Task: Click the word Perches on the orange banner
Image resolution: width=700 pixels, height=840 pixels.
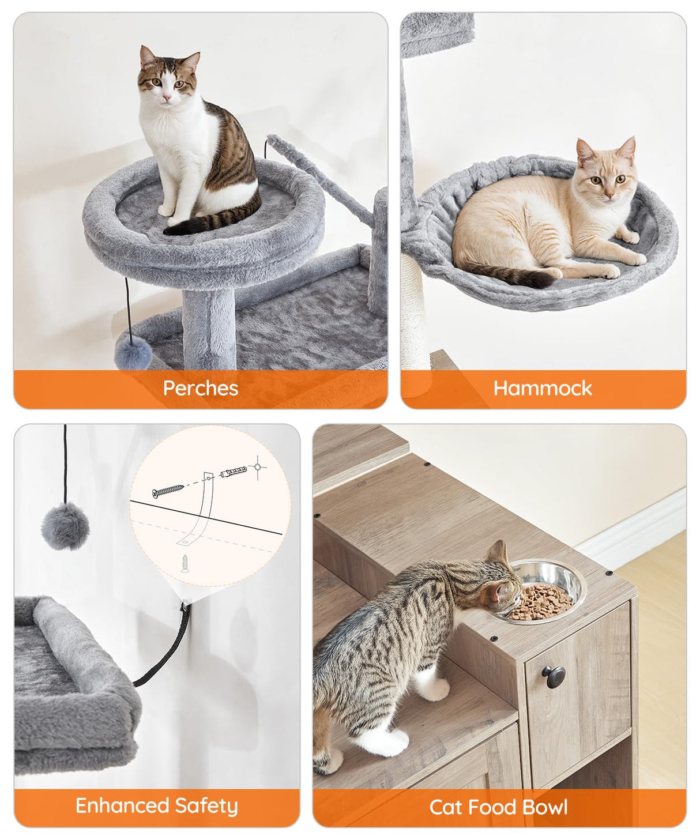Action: click(x=200, y=388)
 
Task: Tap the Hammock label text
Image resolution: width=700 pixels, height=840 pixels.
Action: click(x=542, y=388)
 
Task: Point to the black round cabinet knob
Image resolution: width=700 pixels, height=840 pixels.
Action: click(x=553, y=673)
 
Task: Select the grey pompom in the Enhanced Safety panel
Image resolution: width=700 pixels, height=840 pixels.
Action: click(x=65, y=526)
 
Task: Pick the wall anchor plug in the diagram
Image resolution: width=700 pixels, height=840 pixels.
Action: click(x=234, y=473)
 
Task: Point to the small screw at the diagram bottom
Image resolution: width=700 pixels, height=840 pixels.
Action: click(x=185, y=562)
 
